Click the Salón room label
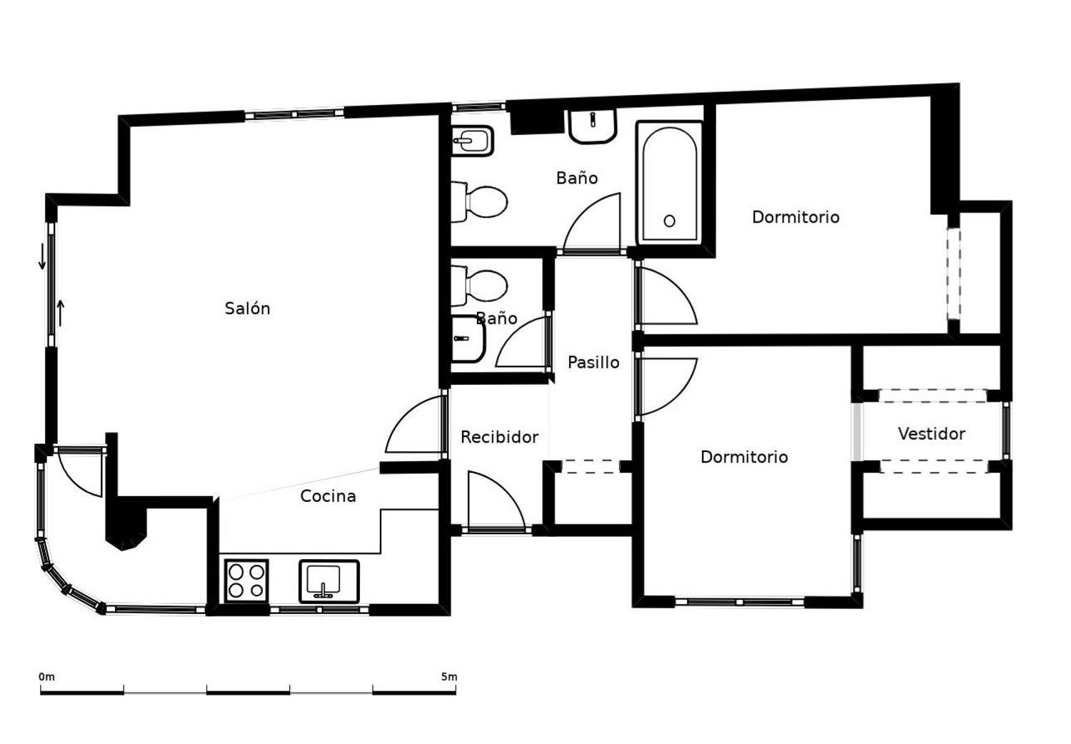point(248,308)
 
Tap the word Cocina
point(328,496)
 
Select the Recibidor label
point(500,437)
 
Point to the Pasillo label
point(593,363)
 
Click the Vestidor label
point(931,433)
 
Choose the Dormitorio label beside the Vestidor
point(744,457)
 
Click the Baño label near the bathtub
point(577,178)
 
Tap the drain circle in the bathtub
point(670,221)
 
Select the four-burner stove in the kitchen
point(246,581)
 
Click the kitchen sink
point(329,581)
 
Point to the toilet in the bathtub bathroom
point(478,202)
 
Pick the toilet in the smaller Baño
point(478,286)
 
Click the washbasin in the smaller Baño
point(468,339)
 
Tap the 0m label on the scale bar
point(47,677)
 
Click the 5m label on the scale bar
point(449,677)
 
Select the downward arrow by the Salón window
point(42,256)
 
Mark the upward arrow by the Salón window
point(61,313)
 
